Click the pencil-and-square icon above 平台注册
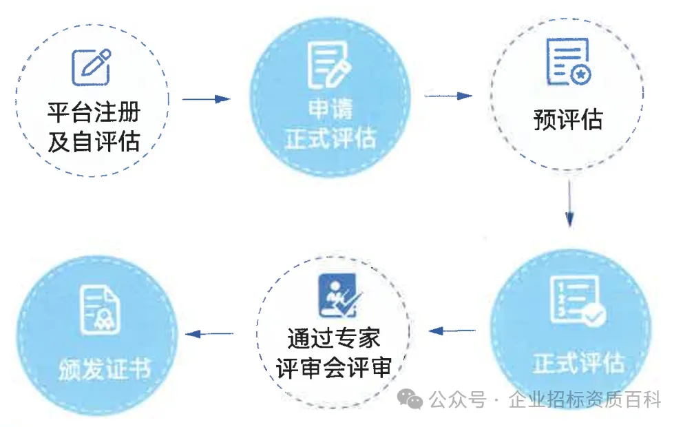(x=92, y=67)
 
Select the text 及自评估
(x=94, y=141)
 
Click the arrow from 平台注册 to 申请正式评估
(x=206, y=99)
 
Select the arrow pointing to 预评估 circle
(x=448, y=96)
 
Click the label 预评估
(x=567, y=119)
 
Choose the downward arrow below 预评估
(x=569, y=203)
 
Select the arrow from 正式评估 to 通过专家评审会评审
(x=452, y=331)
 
